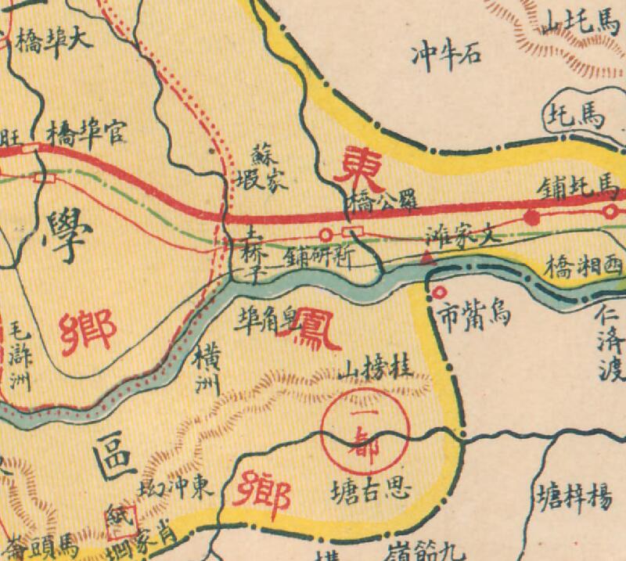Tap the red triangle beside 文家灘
click(x=426, y=257)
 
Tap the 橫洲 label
click(x=210, y=367)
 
